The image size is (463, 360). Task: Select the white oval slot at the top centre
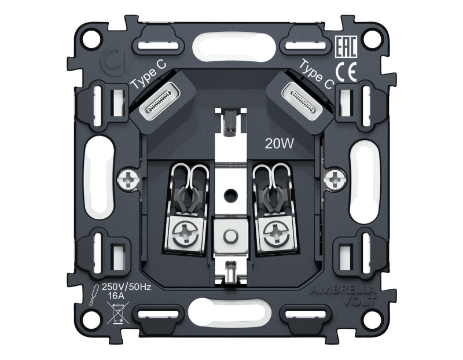click(231, 44)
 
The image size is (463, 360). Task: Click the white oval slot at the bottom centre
click(231, 317)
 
